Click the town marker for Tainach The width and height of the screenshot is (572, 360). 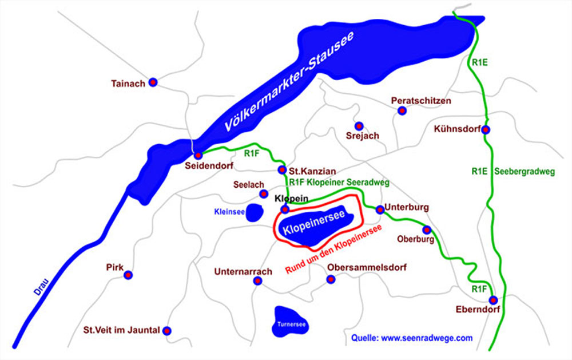click(x=153, y=82)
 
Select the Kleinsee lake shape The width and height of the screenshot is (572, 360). click(x=254, y=211)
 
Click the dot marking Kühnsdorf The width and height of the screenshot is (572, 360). click(x=485, y=129)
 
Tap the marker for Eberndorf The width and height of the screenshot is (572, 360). click(x=493, y=300)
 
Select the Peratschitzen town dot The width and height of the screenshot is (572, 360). click(x=402, y=112)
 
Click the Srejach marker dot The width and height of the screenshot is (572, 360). click(x=359, y=126)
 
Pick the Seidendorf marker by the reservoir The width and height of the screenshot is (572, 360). click(x=198, y=155)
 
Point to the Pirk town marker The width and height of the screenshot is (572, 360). click(x=128, y=275)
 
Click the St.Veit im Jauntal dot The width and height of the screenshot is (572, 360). click(x=167, y=330)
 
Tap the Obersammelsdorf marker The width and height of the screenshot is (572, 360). click(x=330, y=279)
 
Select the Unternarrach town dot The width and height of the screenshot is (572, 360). click(x=257, y=280)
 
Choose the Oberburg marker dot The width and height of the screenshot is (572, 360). click(x=426, y=230)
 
